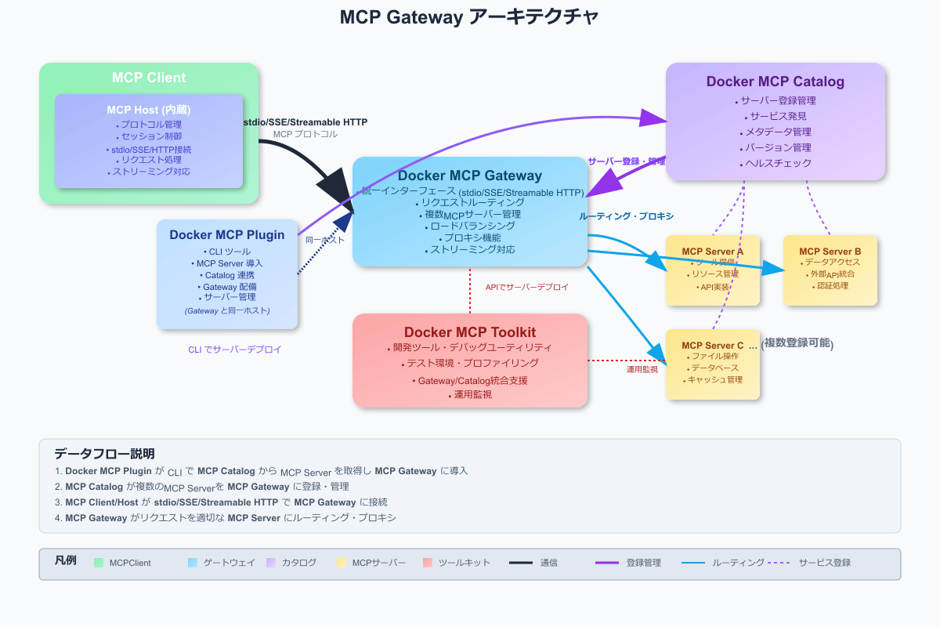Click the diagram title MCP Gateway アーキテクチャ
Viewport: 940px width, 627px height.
click(470, 17)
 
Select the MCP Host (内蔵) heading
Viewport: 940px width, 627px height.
click(149, 110)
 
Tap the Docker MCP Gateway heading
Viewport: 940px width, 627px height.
click(470, 176)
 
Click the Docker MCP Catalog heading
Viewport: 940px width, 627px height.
click(775, 82)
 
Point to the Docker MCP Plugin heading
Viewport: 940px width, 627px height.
click(227, 234)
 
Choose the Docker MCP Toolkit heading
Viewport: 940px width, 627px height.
click(470, 332)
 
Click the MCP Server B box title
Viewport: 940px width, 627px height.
click(830, 252)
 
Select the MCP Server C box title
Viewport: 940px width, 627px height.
click(713, 346)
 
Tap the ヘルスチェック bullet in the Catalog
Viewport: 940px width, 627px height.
click(775, 164)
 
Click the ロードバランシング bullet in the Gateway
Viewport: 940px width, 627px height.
click(470, 226)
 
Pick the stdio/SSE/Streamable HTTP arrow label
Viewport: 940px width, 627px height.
click(305, 122)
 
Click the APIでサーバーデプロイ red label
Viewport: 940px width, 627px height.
click(527, 288)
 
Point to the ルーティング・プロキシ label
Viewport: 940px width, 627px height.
click(627, 216)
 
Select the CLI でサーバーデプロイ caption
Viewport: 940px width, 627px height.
click(235, 350)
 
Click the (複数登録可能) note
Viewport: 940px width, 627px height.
click(797, 344)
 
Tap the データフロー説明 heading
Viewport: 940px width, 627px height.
click(104, 454)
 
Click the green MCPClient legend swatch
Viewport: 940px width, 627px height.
click(99, 563)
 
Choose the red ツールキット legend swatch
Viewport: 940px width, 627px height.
click(427, 563)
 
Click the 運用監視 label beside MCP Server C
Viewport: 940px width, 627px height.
click(642, 368)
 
